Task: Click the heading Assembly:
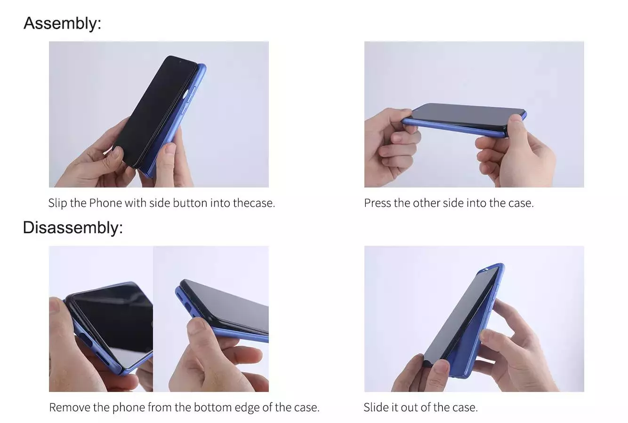62,23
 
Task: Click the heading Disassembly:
72,227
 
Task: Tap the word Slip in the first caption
57,203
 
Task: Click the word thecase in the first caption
253,203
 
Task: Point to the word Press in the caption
378,203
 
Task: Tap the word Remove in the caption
70,407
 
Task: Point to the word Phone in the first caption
105,203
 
